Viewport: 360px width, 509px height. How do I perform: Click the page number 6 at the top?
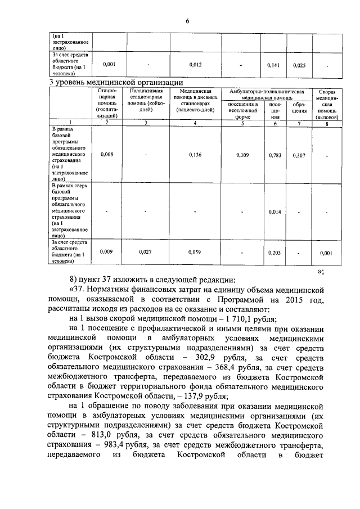pyautogui.click(x=187, y=21)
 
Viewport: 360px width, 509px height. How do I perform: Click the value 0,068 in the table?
pyautogui.click(x=107, y=154)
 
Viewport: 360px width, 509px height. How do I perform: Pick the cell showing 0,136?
pyautogui.click(x=195, y=154)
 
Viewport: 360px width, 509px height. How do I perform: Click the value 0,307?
pyautogui.click(x=299, y=154)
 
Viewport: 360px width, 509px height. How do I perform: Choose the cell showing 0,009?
pyautogui.click(x=107, y=252)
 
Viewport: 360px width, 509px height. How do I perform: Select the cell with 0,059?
pyautogui.click(x=195, y=252)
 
